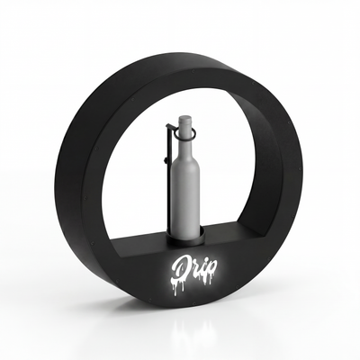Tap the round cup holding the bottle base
click(x=185, y=237)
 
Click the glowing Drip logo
click(x=193, y=271)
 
